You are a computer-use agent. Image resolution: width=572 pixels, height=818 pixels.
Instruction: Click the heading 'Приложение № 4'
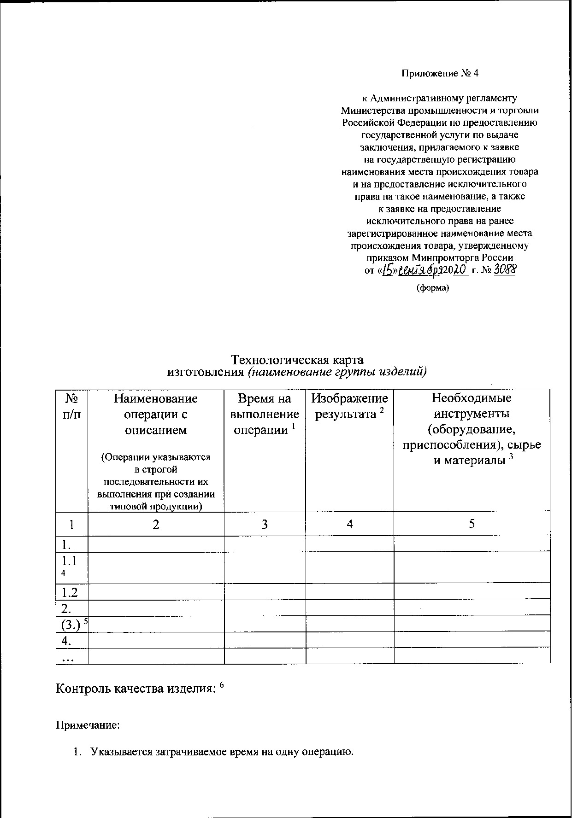pyautogui.click(x=440, y=73)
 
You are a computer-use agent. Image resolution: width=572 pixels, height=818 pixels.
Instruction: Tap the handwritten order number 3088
pyautogui.click(x=504, y=270)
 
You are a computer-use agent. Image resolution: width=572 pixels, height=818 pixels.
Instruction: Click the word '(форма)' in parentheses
pyautogui.click(x=432, y=288)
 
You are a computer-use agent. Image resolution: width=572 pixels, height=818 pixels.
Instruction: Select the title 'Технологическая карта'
pyautogui.click(x=297, y=359)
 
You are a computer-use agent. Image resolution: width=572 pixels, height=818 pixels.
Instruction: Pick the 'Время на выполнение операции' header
pyautogui.click(x=265, y=414)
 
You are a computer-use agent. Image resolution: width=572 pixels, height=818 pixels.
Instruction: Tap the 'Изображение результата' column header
pyautogui.click(x=349, y=406)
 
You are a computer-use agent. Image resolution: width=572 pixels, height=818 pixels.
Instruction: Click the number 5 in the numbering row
pyautogui.click(x=472, y=524)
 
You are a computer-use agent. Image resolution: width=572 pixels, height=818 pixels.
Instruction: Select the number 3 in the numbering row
pyautogui.click(x=265, y=524)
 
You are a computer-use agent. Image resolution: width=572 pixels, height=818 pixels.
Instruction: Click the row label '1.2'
pyautogui.click(x=70, y=592)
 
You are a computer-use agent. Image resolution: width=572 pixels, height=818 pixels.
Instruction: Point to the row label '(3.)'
pyautogui.click(x=71, y=624)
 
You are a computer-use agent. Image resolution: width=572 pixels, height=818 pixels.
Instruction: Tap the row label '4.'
pyautogui.click(x=66, y=640)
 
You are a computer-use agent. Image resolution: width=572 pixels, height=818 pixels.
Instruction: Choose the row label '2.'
pyautogui.click(x=66, y=608)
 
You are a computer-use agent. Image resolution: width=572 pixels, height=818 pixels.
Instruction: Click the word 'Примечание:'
pyautogui.click(x=88, y=725)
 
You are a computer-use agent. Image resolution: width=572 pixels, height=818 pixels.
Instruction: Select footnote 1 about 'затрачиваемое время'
pyautogui.click(x=221, y=753)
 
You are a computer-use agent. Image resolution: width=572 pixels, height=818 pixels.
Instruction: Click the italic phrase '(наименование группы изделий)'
pyautogui.click(x=337, y=372)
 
